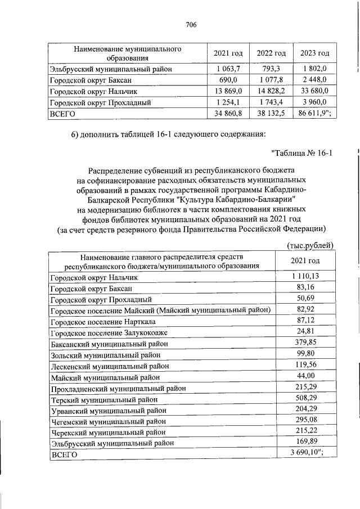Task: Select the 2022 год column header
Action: click(x=271, y=53)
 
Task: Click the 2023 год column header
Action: click(x=314, y=53)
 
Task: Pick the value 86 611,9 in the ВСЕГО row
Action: click(x=314, y=113)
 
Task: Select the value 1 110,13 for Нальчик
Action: click(x=305, y=277)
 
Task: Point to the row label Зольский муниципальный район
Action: click(x=105, y=354)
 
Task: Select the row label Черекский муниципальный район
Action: click(x=108, y=432)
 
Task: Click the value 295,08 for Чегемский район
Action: click(x=305, y=420)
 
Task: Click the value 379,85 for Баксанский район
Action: click(x=305, y=343)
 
